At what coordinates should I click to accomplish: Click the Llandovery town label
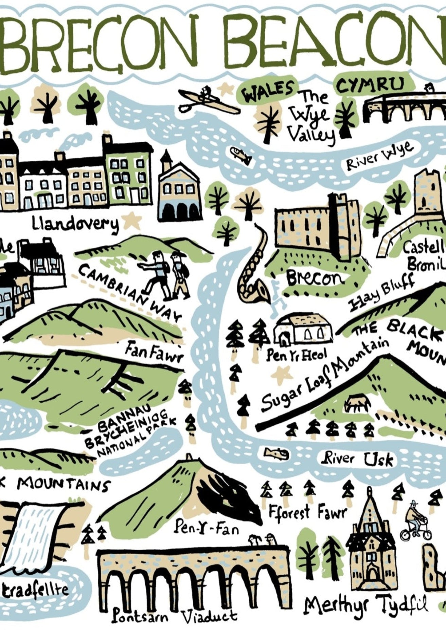[75, 224]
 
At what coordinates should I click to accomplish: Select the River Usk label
[358, 459]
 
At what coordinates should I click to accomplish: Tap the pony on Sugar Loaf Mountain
[357, 403]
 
